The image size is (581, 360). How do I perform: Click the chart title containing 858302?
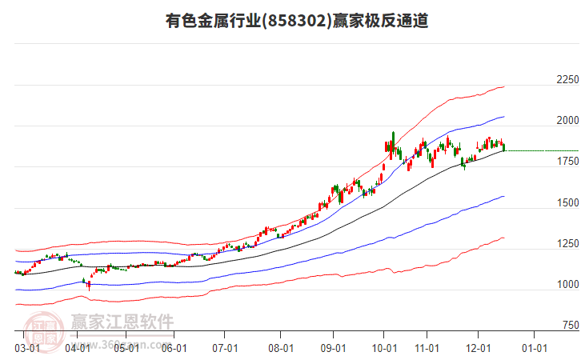tap(295, 22)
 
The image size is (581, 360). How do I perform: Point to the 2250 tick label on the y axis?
tap(567, 80)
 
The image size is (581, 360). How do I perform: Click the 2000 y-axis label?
tap(567, 121)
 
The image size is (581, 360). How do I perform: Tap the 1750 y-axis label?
tap(567, 162)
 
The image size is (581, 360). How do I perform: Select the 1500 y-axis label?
tap(567, 202)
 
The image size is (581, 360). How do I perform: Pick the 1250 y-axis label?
tap(567, 243)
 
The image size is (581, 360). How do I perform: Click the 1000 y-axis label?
tap(567, 284)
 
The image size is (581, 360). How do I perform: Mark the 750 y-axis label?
tap(569, 325)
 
